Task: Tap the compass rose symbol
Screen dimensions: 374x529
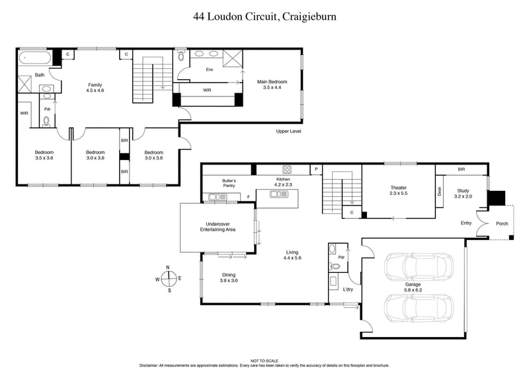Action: [169, 278]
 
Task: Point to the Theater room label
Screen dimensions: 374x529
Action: [397, 191]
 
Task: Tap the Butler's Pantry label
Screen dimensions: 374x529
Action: [229, 183]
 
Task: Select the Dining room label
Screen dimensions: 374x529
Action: [229, 278]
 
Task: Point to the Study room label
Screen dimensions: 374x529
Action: [464, 193]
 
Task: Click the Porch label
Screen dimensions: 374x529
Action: [503, 223]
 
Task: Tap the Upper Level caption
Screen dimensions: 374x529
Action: [289, 132]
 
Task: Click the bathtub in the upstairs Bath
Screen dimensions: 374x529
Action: [34, 57]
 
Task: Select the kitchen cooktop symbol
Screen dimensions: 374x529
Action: [288, 169]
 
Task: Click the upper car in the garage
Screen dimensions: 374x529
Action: [419, 266]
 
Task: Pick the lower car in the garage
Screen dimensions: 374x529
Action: [419, 307]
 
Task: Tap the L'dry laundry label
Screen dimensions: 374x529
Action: [348, 289]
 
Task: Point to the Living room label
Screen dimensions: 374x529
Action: [293, 254]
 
